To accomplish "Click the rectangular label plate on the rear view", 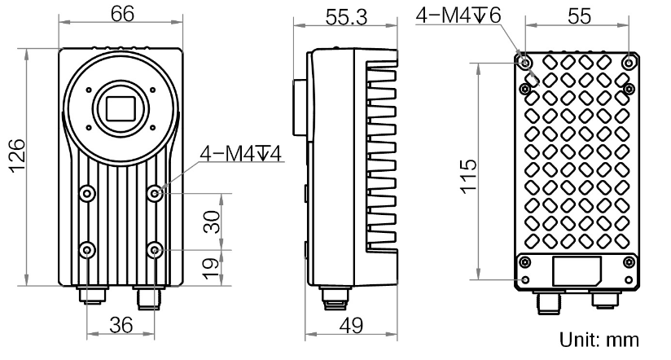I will (x=577, y=270).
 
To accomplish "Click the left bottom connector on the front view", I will (x=88, y=293).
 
